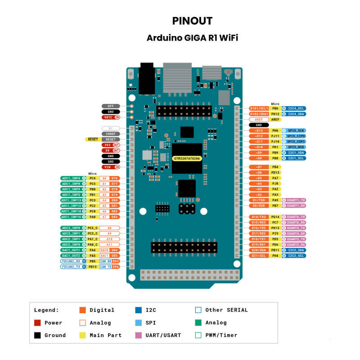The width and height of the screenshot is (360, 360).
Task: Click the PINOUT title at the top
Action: (192, 21)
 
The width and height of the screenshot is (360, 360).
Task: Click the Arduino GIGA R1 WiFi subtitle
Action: (192, 38)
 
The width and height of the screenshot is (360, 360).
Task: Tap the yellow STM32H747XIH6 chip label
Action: (187, 159)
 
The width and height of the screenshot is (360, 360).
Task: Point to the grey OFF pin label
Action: (110, 106)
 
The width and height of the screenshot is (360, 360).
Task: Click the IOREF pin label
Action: (110, 134)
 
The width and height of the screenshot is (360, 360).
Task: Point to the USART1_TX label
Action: (296, 200)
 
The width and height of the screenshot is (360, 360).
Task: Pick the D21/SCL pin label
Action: (259, 256)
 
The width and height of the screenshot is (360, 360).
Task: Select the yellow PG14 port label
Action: (275, 217)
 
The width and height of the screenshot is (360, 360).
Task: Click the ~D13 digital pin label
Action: (259, 130)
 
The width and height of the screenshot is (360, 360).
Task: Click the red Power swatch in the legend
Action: (38, 323)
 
